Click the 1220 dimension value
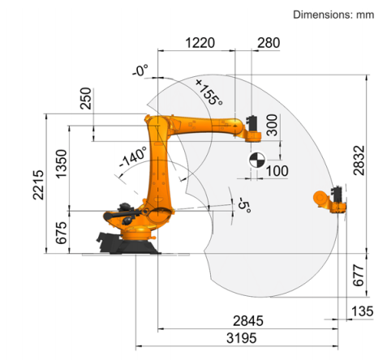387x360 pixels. click(x=200, y=43)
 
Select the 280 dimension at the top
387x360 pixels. click(x=269, y=43)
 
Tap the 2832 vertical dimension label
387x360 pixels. click(x=359, y=161)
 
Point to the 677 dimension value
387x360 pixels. click(x=359, y=276)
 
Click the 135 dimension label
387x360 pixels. click(x=363, y=311)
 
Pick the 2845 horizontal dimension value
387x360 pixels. click(x=248, y=321)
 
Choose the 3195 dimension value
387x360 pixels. click(x=241, y=338)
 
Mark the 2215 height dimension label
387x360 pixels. click(x=38, y=185)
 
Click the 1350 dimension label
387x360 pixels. click(x=62, y=164)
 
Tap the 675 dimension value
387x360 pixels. click(x=61, y=233)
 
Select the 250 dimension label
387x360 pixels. click(x=86, y=98)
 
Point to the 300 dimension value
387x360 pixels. click(x=272, y=125)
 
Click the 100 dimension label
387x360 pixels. click(x=277, y=171)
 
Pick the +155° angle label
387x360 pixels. click(x=209, y=92)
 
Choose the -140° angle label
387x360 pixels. click(x=133, y=156)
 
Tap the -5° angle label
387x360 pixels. click(x=244, y=204)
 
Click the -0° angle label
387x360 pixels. click(x=140, y=70)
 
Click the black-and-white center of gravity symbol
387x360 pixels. click(x=257, y=160)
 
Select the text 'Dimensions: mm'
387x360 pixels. click(x=333, y=15)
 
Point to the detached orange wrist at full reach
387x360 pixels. click(x=330, y=199)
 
